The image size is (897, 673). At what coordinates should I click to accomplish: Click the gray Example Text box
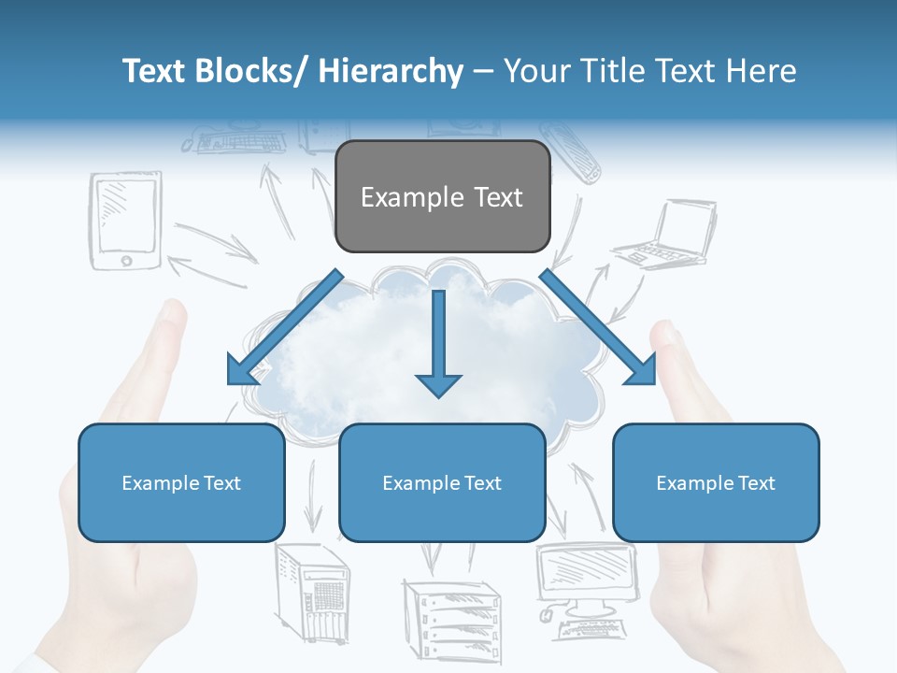pyautogui.click(x=442, y=196)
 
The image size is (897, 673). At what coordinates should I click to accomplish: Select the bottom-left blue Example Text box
pyautogui.click(x=181, y=482)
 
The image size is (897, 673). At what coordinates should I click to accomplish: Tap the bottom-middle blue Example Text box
pyautogui.click(x=442, y=482)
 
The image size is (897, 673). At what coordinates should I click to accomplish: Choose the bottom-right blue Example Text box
pyautogui.click(x=716, y=482)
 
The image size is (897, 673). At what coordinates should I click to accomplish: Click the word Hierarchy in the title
pyautogui.click(x=391, y=71)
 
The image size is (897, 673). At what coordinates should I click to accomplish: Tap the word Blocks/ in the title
pyautogui.click(x=247, y=71)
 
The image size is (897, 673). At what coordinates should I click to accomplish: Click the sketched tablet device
pyautogui.click(x=125, y=221)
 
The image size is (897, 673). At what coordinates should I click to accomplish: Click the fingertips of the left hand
pyautogui.click(x=172, y=313)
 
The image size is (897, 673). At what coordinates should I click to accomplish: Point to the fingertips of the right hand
pyautogui.click(x=665, y=333)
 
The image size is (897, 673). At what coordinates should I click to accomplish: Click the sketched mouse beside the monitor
pyautogui.click(x=547, y=616)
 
